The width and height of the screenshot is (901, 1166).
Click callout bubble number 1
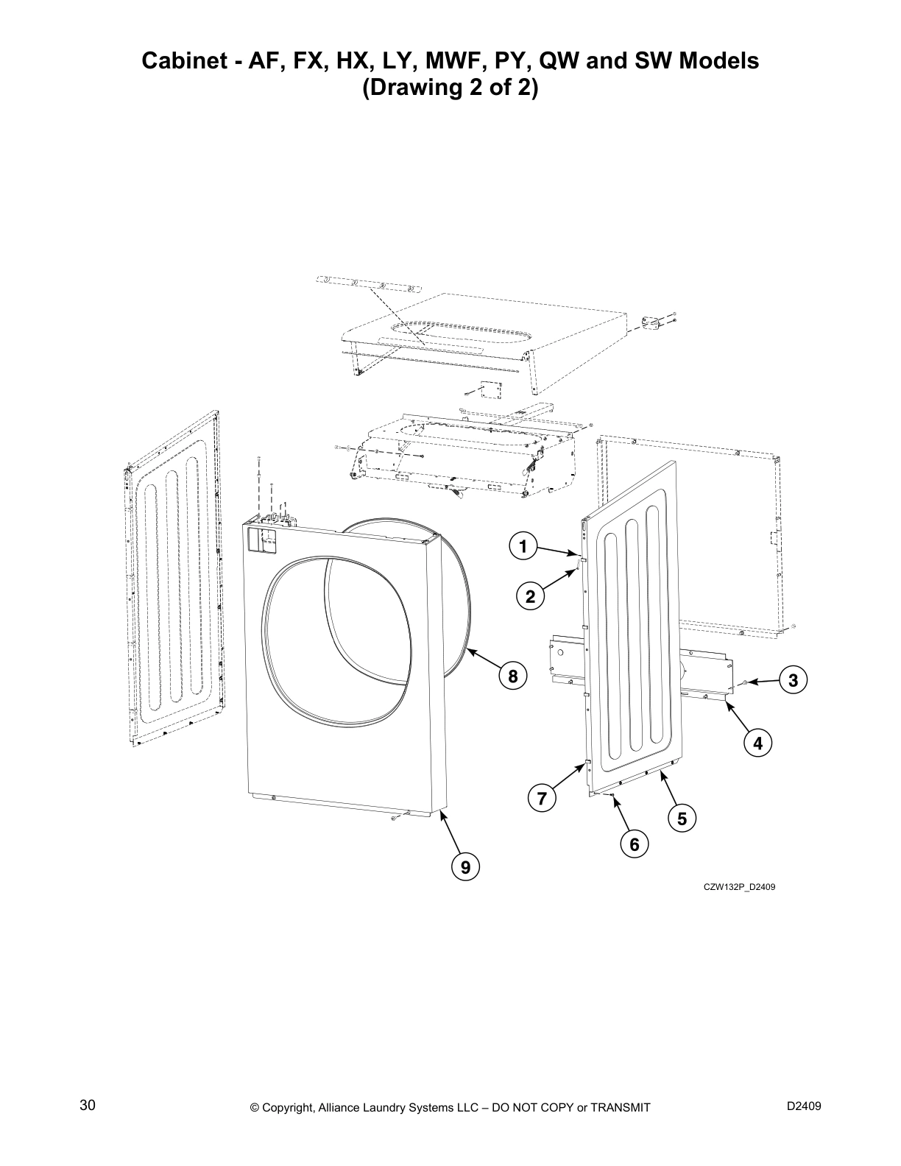click(523, 547)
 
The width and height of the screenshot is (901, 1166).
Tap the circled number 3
click(793, 681)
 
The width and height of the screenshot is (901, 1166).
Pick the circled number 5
click(682, 818)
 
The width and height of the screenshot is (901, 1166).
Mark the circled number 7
click(543, 798)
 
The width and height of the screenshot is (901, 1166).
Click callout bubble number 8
click(513, 675)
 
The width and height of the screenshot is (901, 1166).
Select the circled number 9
click(465, 868)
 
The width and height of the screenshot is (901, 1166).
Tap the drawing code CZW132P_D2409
click(739, 887)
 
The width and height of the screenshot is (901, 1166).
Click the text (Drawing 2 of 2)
click(451, 88)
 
